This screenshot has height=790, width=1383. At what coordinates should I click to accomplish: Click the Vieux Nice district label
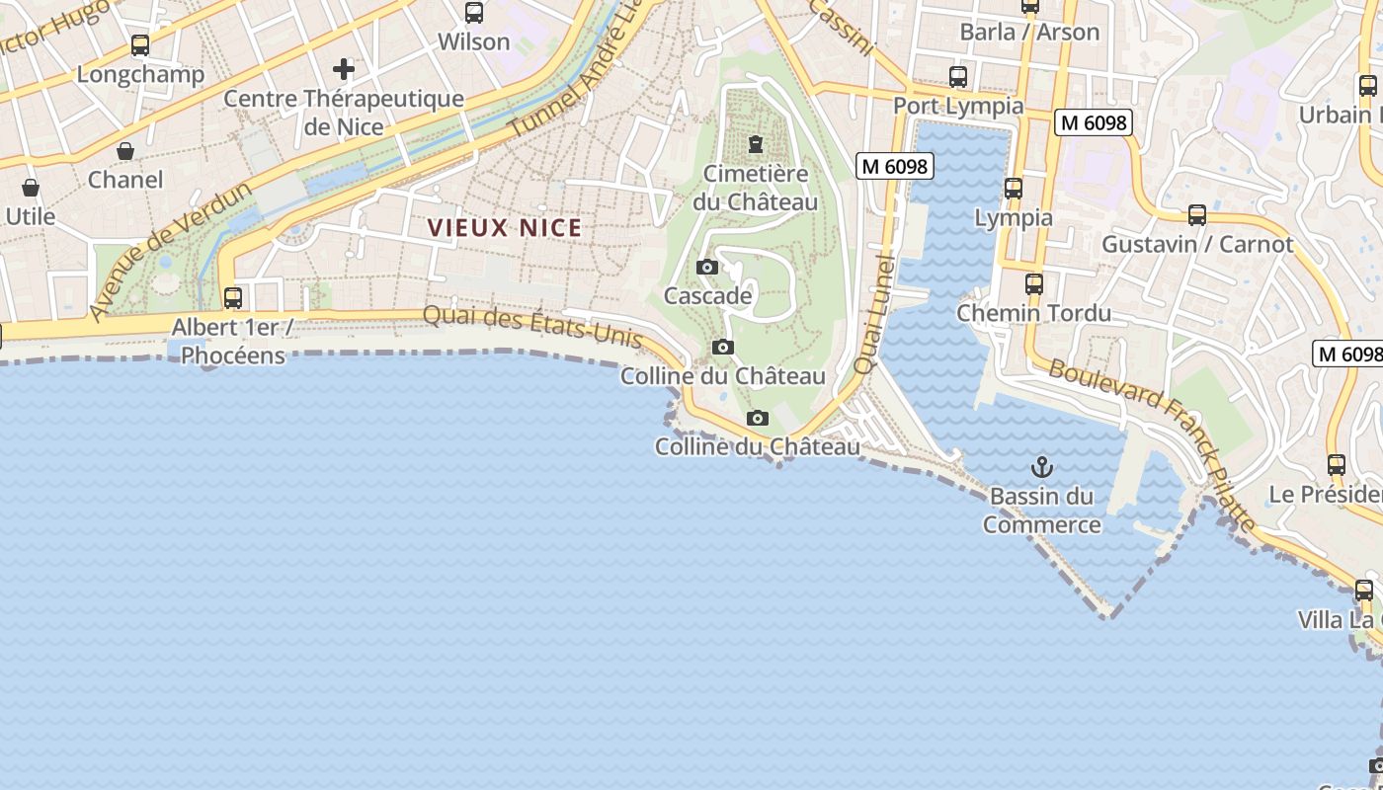505,228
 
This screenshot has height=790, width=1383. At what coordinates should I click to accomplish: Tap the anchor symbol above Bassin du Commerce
1041,467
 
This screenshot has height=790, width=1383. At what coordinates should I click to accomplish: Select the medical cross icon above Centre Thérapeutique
344,69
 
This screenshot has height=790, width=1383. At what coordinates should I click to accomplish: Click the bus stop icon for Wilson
474,13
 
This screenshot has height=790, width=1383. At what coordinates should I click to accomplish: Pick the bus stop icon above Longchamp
140,45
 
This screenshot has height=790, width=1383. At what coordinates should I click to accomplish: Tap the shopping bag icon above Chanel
125,151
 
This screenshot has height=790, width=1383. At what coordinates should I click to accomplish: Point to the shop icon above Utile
31,188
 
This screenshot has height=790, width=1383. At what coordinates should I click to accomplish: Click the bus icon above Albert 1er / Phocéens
233,297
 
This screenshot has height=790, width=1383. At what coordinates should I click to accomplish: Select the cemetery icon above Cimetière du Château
756,145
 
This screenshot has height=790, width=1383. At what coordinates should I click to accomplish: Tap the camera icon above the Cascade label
707,267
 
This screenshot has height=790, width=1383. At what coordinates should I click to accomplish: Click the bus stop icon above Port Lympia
957,76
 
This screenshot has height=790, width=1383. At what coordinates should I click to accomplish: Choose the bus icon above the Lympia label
1013,189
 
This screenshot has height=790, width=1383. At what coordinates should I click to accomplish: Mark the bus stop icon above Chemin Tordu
1033,284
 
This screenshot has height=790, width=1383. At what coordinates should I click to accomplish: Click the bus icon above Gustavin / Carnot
1197,214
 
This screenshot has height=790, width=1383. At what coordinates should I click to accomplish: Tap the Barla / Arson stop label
1029,32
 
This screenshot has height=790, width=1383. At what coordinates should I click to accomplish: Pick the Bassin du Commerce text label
1041,511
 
